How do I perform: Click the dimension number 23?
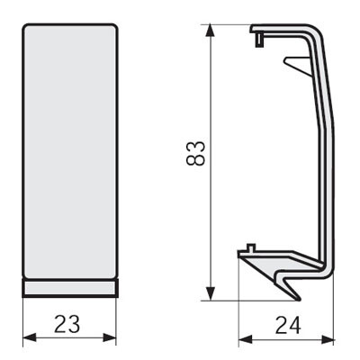(x=67, y=324)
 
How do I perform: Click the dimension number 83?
(x=195, y=153)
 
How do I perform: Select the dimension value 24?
(x=288, y=326)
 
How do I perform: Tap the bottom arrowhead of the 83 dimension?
(x=211, y=293)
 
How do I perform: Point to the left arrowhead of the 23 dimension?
(x=30, y=337)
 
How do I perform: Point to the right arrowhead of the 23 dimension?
(x=110, y=337)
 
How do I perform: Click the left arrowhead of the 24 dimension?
(x=245, y=339)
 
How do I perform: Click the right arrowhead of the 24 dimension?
(x=328, y=339)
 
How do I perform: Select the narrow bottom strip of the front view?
(x=70, y=288)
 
